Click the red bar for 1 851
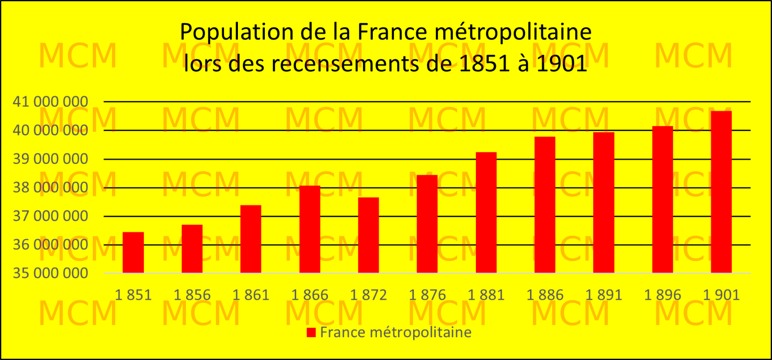click(133, 252)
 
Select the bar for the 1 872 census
click(368, 235)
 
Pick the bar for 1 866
click(310, 229)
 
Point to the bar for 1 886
click(544, 205)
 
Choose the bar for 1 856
click(192, 249)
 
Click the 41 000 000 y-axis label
click(51, 102)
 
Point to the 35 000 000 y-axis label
click(51, 273)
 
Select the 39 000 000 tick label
click(51, 159)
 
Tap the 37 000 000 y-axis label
click(51, 216)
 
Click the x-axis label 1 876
click(427, 295)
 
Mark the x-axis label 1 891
click(604, 295)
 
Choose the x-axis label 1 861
click(251, 295)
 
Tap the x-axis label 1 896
click(662, 295)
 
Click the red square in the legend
click(311, 333)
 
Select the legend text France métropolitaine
click(396, 333)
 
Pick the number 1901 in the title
click(561, 64)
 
